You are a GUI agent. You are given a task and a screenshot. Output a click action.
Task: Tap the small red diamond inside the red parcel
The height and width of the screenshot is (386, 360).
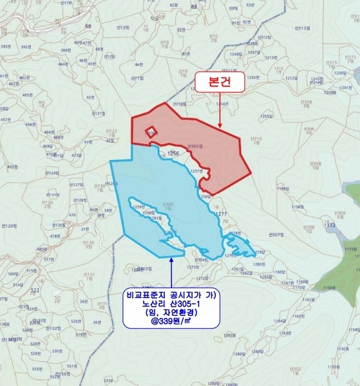click(150, 131)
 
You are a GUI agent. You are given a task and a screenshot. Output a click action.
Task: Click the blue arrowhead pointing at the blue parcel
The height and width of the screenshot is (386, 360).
click(171, 259)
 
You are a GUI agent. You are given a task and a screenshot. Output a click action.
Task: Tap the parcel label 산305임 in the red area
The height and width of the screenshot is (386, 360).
click(194, 147)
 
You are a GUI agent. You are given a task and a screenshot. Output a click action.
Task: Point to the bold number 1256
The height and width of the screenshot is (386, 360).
click(173, 154)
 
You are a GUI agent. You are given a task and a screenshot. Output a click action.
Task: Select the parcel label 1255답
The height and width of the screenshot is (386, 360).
click(267, 116)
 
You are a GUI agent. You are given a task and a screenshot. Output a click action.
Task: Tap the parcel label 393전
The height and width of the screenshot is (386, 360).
click(5, 47)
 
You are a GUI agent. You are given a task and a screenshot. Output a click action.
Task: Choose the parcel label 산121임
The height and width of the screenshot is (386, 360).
click(99, 114)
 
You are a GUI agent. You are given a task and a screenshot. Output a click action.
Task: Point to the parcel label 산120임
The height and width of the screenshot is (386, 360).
click(9, 226)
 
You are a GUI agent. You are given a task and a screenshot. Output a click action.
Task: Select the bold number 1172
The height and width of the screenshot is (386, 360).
click(330, 226)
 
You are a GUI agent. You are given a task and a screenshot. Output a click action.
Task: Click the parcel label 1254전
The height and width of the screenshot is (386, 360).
click(222, 103)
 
